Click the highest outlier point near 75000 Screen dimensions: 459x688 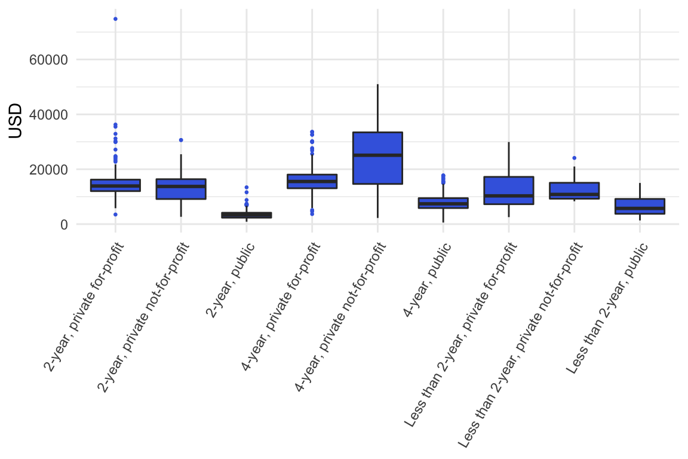point(115,19)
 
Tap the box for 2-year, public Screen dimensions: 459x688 point(247,215)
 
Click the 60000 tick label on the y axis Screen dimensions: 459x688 point(48,60)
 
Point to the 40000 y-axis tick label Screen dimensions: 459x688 point(48,115)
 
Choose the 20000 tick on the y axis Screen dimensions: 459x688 point(48,170)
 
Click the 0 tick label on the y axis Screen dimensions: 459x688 point(63,225)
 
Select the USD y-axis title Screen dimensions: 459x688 point(16,121)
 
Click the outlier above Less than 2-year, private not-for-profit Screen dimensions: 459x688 point(574,158)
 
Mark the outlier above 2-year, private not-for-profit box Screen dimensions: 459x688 point(181,140)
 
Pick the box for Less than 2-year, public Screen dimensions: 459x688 point(640,206)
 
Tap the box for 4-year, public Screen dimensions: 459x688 point(443,203)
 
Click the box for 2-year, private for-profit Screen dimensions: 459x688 point(115,185)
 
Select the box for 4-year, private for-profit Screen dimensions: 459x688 point(312,181)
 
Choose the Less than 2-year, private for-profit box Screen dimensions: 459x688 point(509,191)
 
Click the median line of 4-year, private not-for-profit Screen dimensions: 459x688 point(377,155)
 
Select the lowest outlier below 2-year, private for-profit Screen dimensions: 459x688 point(115,214)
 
